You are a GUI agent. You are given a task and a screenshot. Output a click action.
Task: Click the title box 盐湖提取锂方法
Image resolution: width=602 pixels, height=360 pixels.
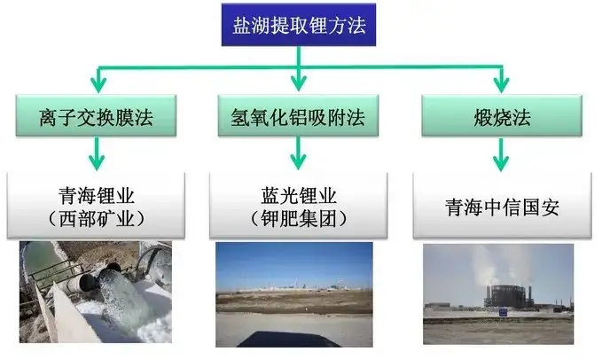[x=298, y=25]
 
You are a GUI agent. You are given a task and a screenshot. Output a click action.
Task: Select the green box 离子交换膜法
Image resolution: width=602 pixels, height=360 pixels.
[x=96, y=116]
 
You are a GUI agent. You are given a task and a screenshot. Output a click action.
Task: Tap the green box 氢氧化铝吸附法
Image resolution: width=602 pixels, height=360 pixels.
[x=298, y=116]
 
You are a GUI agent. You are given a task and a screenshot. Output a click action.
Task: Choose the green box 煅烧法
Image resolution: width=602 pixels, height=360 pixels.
[x=502, y=116]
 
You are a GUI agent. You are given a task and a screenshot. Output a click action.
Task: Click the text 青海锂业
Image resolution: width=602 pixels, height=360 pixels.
[x=97, y=196]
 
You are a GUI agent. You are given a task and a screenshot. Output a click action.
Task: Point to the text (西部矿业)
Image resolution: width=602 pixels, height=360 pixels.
[x=97, y=219]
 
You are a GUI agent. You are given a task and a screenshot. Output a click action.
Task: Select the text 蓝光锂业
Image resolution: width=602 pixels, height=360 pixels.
[x=299, y=196]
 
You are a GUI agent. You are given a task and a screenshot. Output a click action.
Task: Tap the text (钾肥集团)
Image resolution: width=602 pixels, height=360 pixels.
[x=299, y=219]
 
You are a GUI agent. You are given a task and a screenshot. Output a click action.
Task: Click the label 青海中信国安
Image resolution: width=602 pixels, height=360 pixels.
[x=502, y=207]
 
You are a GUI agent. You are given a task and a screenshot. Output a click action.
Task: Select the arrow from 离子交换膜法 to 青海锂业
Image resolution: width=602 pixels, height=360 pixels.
[x=97, y=153]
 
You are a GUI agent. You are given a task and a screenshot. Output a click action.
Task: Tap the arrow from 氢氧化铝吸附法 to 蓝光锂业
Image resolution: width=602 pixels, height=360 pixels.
[x=298, y=153]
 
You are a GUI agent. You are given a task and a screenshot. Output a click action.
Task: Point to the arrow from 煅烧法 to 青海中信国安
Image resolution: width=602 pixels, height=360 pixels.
[x=501, y=154]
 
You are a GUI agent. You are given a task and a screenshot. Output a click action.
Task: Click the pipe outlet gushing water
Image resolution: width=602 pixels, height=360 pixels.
[x=109, y=273]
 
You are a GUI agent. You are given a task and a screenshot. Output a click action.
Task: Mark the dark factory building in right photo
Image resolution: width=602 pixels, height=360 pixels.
[x=508, y=296]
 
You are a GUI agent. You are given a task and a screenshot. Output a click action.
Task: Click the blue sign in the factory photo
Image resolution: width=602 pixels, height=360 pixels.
[x=503, y=313]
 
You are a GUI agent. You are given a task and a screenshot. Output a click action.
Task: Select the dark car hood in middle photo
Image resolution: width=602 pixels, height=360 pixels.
[x=287, y=340]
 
